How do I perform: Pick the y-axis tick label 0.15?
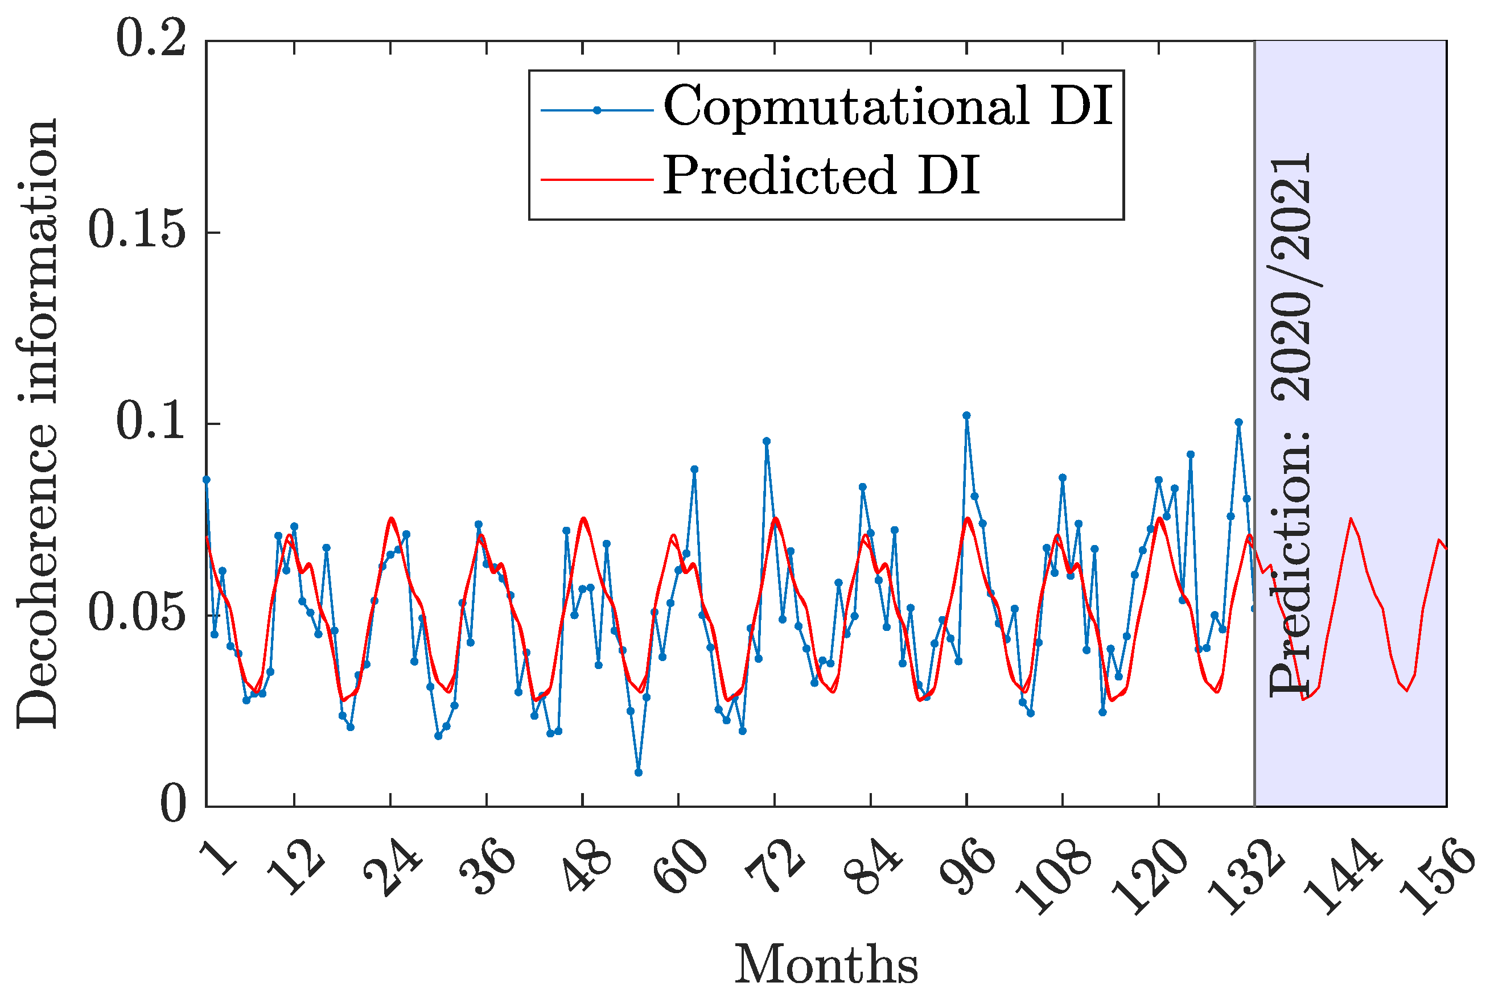click(136, 231)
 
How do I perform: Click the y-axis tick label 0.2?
click(151, 40)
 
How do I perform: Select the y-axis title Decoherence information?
click(37, 423)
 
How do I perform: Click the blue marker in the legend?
click(597, 110)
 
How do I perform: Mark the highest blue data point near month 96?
click(966, 415)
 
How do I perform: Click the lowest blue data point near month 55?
click(638, 773)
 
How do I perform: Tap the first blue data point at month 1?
click(206, 479)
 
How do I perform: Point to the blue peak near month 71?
click(766, 441)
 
